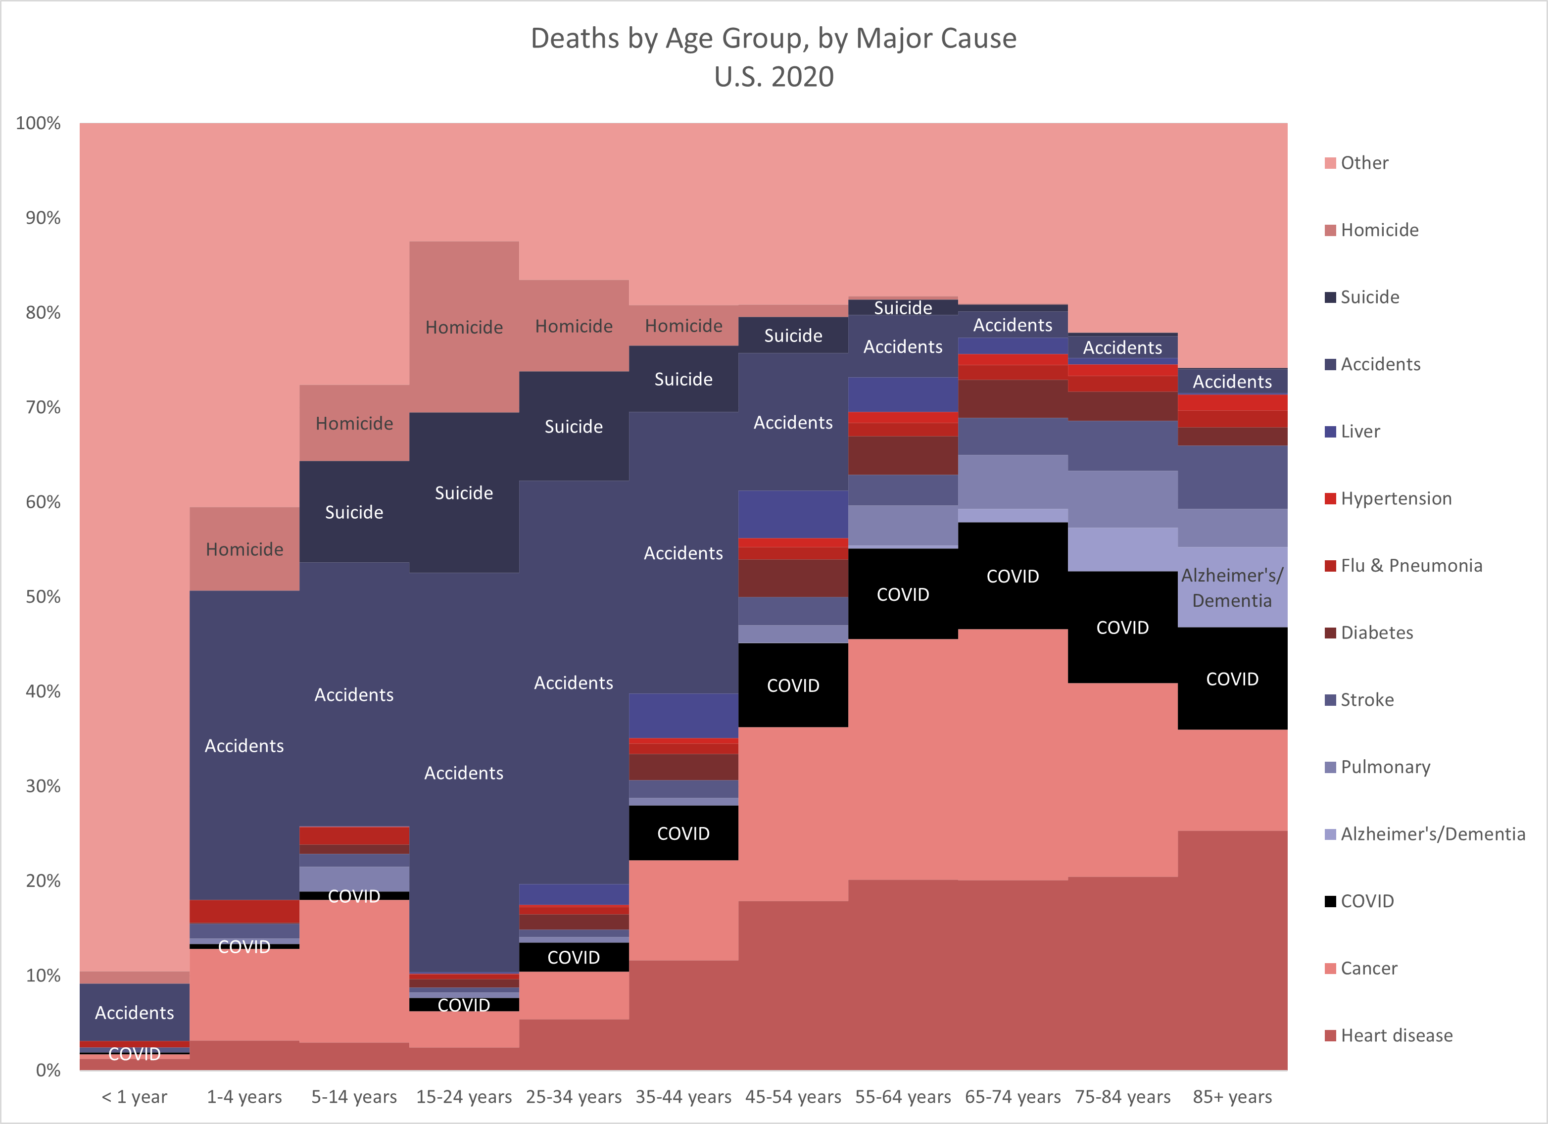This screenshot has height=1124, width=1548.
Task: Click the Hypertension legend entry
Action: (1395, 499)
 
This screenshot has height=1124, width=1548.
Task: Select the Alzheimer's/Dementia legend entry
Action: (1432, 834)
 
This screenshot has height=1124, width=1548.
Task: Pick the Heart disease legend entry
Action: (1396, 1036)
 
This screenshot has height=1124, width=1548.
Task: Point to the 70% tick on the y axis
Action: (43, 407)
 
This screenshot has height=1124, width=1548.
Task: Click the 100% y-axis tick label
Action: (38, 124)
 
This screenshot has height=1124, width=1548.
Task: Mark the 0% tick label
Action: (48, 1070)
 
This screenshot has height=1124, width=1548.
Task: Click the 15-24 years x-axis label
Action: (464, 1097)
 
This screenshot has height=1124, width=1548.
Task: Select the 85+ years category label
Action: (1232, 1097)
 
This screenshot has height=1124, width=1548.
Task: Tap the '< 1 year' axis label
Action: (135, 1097)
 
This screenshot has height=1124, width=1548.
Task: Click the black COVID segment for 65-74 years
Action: (1013, 577)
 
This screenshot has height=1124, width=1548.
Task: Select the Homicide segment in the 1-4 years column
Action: (244, 549)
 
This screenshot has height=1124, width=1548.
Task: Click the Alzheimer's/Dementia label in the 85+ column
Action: (1232, 587)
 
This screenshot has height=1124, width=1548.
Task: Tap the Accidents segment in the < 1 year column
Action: (135, 1013)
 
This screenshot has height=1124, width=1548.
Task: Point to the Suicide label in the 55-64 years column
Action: (903, 308)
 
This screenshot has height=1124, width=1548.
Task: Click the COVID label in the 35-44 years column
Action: (683, 833)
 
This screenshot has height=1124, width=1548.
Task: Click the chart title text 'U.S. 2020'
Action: (774, 76)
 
